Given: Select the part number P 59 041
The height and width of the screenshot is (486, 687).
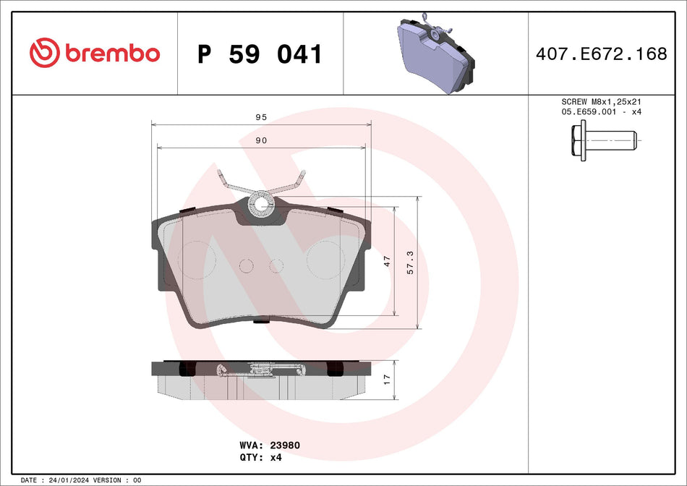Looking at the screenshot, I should point(260,54).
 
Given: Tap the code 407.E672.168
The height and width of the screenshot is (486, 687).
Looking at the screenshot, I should point(601,54).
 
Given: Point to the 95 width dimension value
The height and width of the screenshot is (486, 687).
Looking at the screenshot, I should point(261,117).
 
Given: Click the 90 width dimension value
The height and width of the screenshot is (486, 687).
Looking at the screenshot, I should point(261,140).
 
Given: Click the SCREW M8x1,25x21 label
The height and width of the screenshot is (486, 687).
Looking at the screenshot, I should point(601,102).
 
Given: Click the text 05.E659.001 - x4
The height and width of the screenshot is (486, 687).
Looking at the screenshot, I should point(601,112).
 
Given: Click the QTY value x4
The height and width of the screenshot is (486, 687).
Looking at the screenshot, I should point(275,457).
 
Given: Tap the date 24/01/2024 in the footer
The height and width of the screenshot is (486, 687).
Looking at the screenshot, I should point(75,479).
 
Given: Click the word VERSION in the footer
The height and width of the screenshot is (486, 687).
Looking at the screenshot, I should point(108,479).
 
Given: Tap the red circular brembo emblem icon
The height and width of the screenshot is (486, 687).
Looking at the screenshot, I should point(44,54).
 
